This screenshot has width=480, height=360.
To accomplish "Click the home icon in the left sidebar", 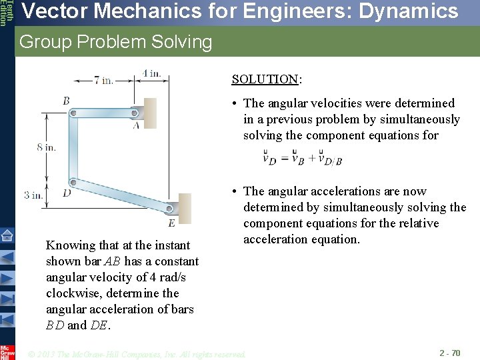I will click(x=7, y=235).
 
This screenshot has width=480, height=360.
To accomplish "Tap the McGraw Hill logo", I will click(x=7, y=352).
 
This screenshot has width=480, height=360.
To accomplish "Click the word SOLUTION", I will click(x=265, y=79).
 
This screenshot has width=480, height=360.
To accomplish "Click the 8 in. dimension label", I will click(x=47, y=147).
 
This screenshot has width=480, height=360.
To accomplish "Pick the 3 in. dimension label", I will click(x=33, y=195).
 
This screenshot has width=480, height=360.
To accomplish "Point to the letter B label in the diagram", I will click(x=66, y=101).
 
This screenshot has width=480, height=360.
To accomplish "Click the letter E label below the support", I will click(x=172, y=223).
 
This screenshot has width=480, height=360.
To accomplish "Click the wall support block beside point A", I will click(x=150, y=112).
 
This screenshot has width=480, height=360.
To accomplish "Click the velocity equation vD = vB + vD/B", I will click(x=302, y=159).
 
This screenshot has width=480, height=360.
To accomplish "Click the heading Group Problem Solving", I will click(x=115, y=42).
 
